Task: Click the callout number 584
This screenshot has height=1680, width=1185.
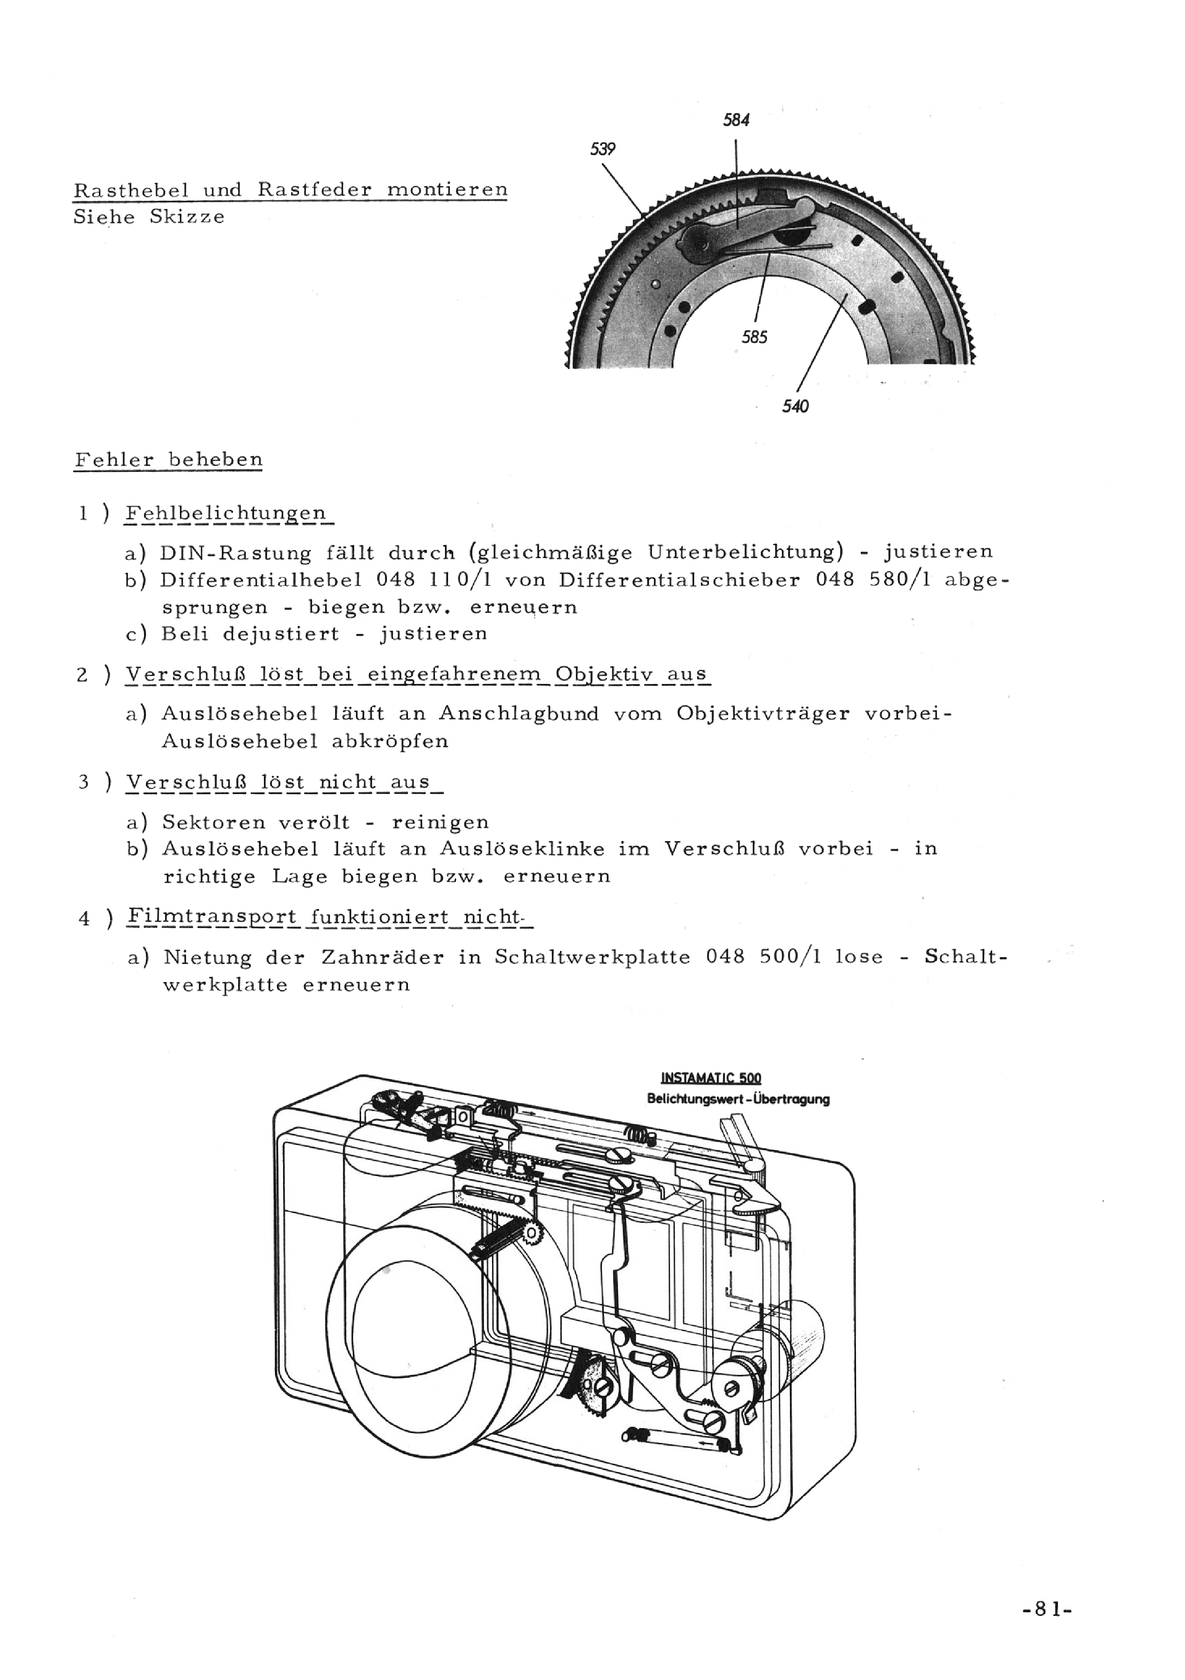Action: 736,120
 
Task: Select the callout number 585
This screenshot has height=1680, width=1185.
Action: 754,337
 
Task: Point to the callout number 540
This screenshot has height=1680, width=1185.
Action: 796,406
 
